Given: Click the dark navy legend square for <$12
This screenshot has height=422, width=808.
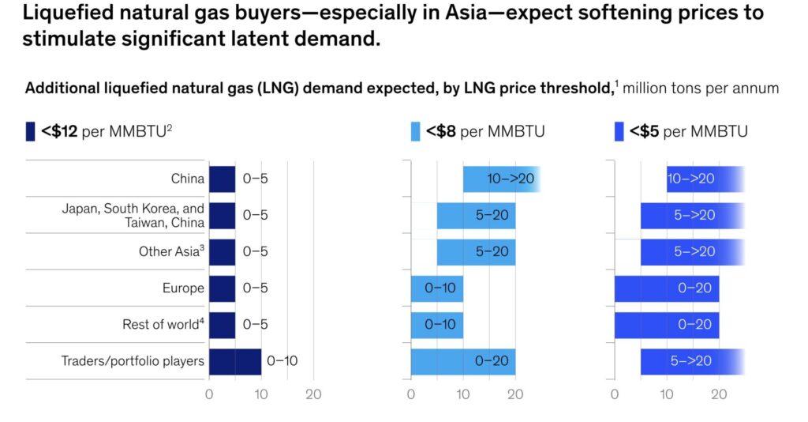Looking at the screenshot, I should tap(30, 131).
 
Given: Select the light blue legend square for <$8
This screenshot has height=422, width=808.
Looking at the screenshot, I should tap(415, 131).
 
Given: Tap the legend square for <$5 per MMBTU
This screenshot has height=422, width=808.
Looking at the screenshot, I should tap(619, 131).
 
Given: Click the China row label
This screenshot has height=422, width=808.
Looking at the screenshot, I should tap(187, 179).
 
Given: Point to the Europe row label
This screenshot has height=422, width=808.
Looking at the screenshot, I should tap(183, 288).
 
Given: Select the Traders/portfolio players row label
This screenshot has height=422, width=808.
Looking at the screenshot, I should tap(133, 361).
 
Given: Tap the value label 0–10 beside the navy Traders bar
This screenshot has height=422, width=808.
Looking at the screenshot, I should tap(282, 361).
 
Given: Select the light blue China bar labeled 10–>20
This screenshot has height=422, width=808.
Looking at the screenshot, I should tap(501, 179).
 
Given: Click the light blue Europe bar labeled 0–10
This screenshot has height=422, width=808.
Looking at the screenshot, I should tap(436, 288).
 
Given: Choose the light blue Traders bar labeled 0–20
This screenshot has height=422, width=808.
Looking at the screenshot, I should tap(462, 361).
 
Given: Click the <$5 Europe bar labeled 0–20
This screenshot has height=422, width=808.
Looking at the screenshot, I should tap(666, 288).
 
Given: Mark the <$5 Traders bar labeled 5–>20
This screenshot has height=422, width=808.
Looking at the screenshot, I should tap(691, 361).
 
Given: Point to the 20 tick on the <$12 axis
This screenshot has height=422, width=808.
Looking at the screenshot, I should tap(313, 394).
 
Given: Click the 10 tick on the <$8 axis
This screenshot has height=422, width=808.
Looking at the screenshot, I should tap(462, 394).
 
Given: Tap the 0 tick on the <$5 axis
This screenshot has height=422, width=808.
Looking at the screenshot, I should tap(615, 394).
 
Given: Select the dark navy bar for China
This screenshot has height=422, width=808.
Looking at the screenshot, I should tap(222, 179).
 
